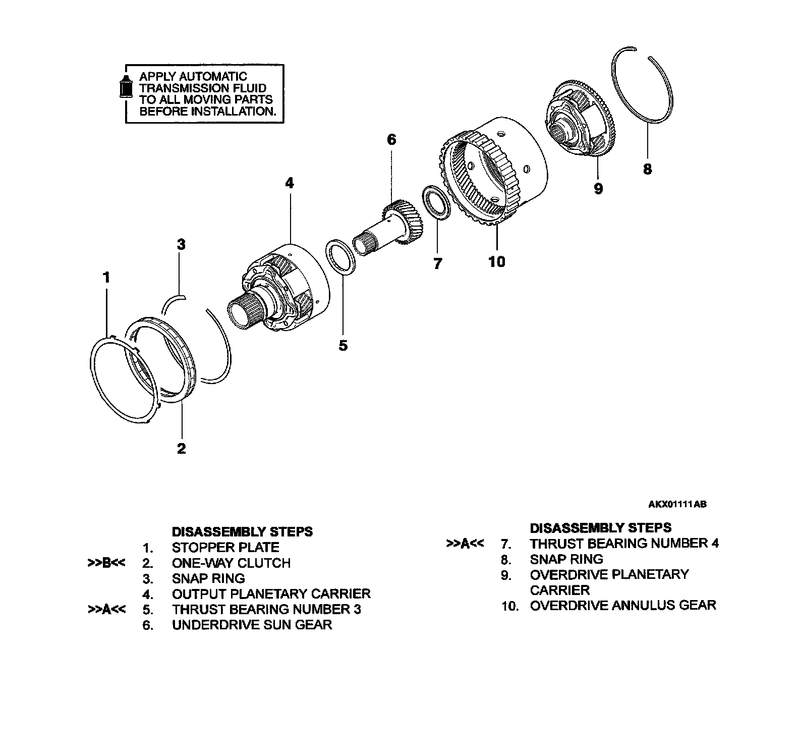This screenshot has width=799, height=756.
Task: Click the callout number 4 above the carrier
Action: click(x=289, y=183)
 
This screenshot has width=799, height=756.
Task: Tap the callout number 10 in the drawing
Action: click(x=496, y=261)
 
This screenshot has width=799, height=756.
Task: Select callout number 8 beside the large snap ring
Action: click(x=648, y=169)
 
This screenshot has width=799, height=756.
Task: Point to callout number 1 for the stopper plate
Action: click(x=106, y=277)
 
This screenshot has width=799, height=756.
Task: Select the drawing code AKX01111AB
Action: click(x=677, y=504)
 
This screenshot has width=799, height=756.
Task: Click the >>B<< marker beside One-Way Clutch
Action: click(x=106, y=563)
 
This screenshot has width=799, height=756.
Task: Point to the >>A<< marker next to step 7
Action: click(x=465, y=544)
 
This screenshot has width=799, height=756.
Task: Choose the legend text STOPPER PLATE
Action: click(x=225, y=548)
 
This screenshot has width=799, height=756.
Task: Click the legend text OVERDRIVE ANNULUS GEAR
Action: click(x=623, y=605)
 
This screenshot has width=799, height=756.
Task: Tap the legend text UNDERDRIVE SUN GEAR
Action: click(x=252, y=625)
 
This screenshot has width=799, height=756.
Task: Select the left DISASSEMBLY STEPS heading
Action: click(x=242, y=532)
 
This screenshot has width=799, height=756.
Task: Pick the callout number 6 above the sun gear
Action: click(x=392, y=139)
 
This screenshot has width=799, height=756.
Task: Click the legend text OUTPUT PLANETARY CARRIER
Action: click(x=271, y=593)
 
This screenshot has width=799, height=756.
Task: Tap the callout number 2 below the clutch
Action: click(x=181, y=448)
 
